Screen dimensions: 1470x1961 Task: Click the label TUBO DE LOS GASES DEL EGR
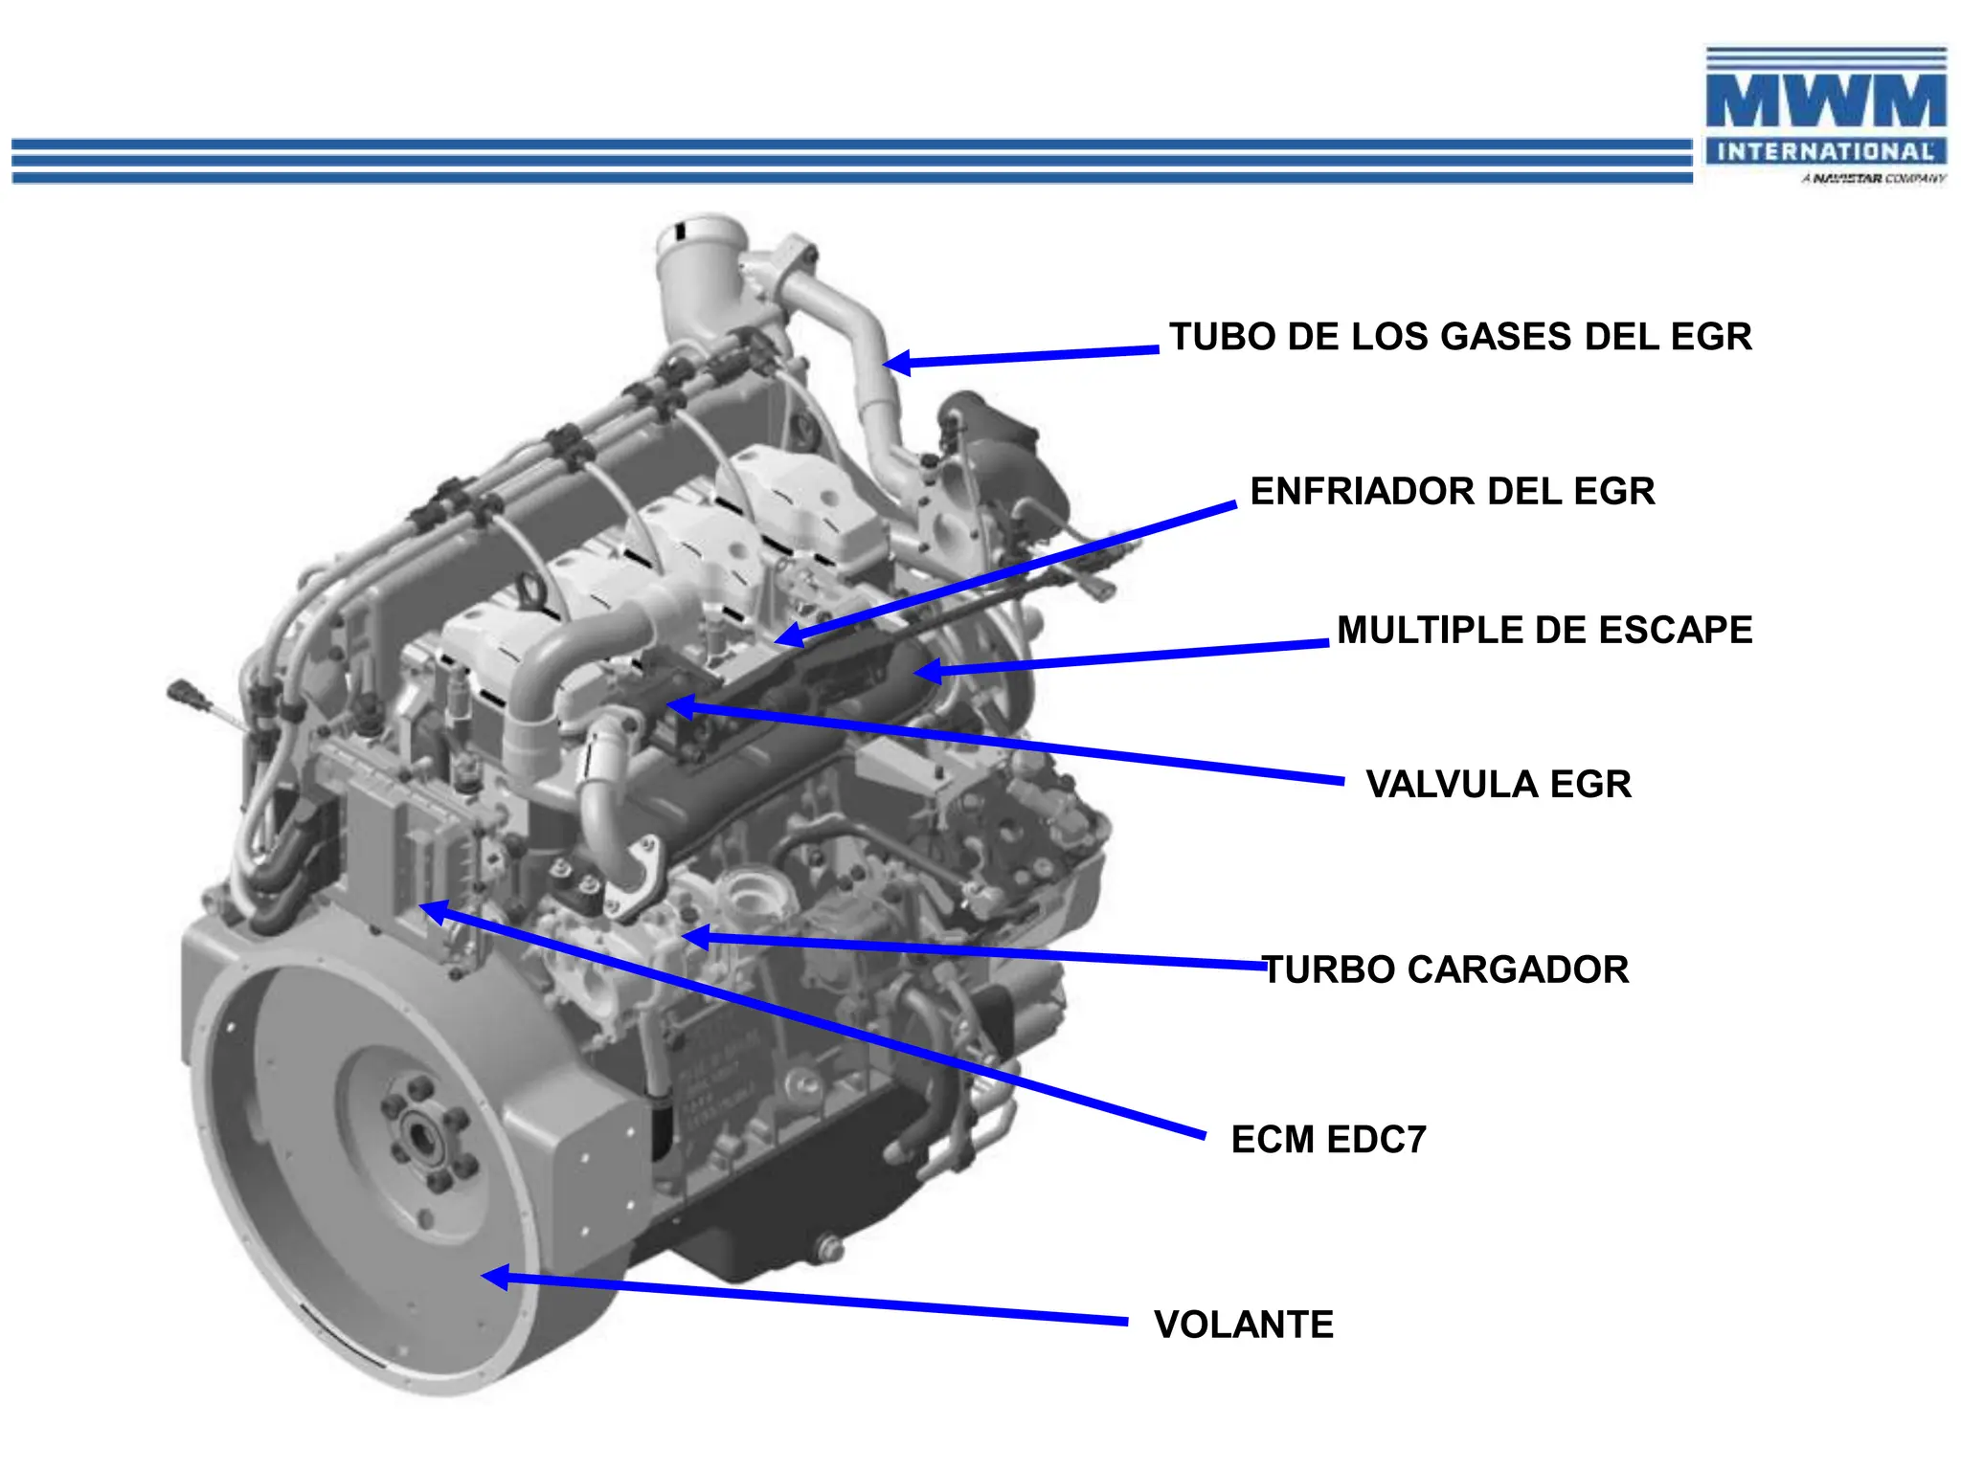click(1459, 337)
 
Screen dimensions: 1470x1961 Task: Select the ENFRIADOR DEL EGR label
click(1452, 491)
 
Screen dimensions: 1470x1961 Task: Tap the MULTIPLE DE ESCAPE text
click(1544, 630)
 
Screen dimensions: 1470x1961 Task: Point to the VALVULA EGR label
click(1498, 784)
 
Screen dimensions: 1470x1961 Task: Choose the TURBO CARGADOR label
click(1446, 969)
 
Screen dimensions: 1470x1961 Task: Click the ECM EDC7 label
click(1328, 1139)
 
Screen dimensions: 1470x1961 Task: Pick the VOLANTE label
click(1243, 1325)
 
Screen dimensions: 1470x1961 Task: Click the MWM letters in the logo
click(1825, 101)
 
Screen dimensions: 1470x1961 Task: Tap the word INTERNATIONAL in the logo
click(1825, 151)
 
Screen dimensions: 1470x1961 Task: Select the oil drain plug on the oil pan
click(828, 1249)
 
